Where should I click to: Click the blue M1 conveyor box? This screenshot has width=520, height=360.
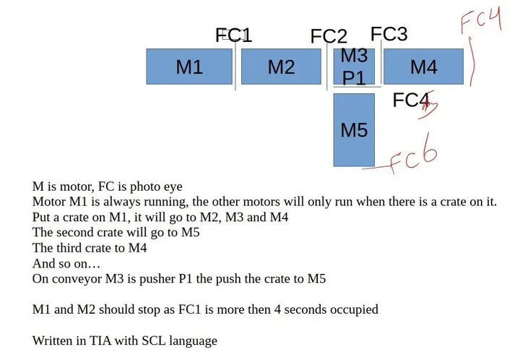(189, 67)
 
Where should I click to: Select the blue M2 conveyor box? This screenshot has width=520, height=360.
(281, 67)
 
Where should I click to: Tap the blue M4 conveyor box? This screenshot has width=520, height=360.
(423, 67)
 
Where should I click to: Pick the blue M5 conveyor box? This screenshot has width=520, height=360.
(354, 129)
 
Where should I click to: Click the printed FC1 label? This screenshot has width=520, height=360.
(234, 35)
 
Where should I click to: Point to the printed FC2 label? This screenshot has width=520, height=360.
(329, 36)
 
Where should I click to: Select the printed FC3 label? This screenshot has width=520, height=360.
(389, 34)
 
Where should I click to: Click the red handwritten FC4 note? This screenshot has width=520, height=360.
(481, 20)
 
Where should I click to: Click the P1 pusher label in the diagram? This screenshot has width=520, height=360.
(354, 78)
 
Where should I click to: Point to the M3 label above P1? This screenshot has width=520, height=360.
(354, 55)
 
